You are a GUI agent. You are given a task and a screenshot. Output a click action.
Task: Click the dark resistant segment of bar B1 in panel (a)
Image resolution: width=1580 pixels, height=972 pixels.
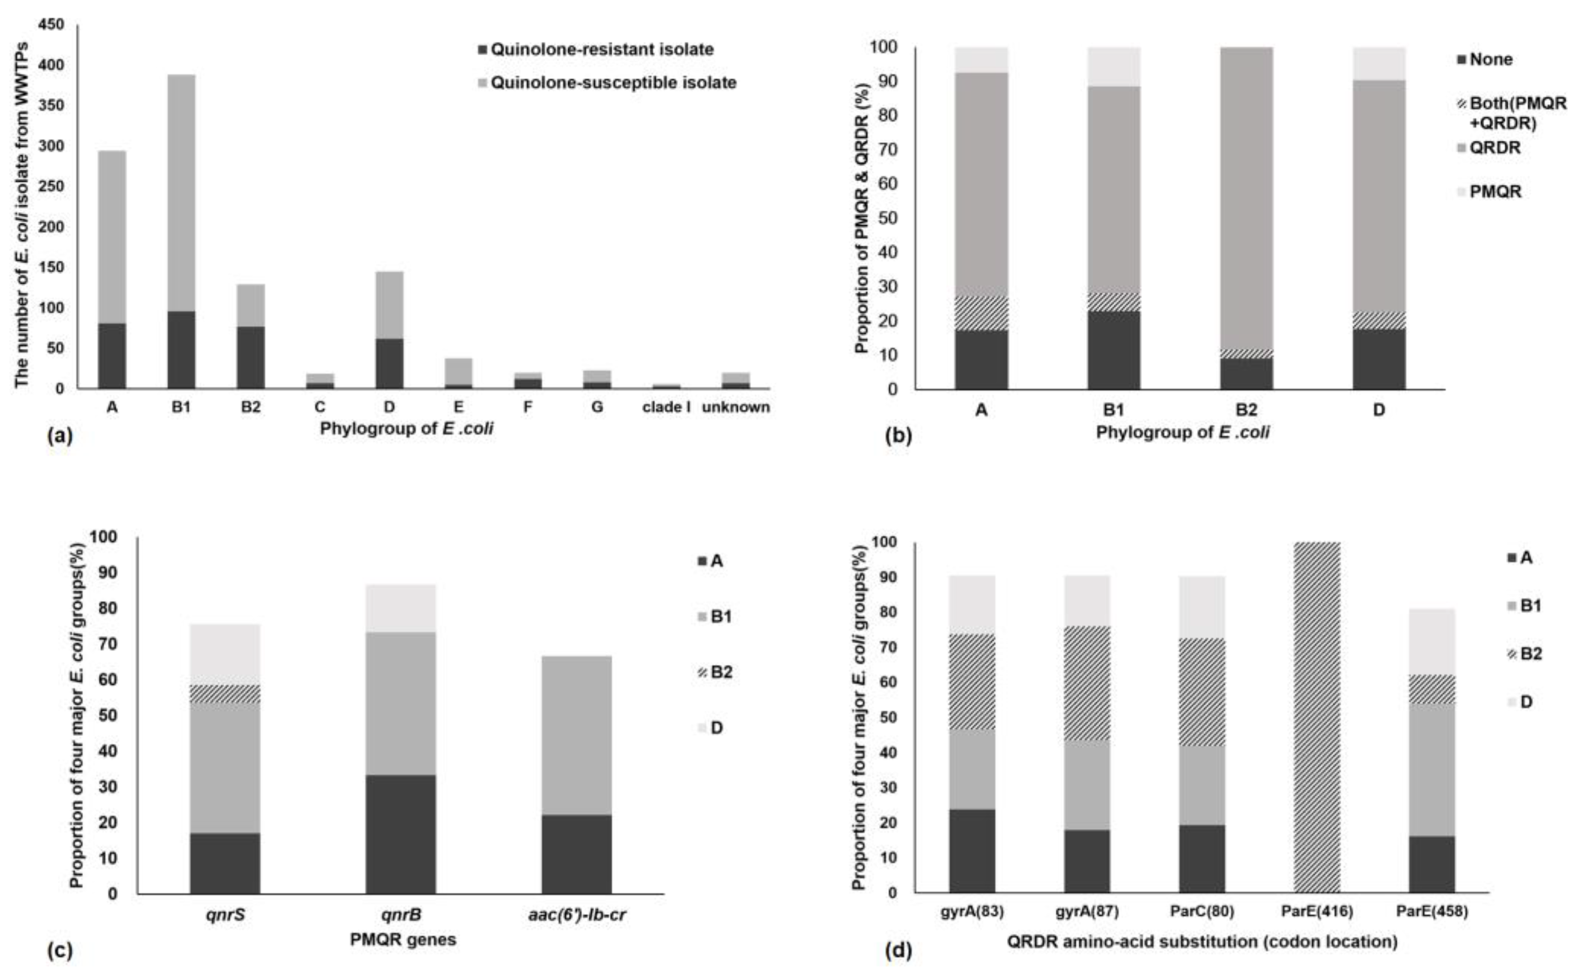pyautogui.click(x=181, y=350)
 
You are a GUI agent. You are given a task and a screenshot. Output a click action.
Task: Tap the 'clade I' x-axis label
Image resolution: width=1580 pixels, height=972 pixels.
pyautogui.click(x=666, y=407)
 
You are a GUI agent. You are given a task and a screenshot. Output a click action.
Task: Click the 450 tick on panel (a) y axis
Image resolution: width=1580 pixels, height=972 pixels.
pyautogui.click(x=52, y=24)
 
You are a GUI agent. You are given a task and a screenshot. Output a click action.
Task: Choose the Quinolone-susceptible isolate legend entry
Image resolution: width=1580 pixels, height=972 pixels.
pyautogui.click(x=612, y=83)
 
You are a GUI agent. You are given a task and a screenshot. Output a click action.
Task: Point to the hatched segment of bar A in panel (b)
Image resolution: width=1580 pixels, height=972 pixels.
pyautogui.click(x=981, y=313)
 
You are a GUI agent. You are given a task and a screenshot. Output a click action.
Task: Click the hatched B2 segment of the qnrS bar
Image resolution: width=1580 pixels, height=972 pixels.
pyautogui.click(x=225, y=694)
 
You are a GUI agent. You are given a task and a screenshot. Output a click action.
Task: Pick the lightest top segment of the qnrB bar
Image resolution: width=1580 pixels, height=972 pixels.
pyautogui.click(x=401, y=608)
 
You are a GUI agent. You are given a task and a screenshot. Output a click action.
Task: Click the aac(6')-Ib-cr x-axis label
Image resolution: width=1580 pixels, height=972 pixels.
pyautogui.click(x=577, y=915)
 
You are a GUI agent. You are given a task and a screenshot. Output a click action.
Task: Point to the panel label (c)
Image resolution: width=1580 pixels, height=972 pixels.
pyautogui.click(x=60, y=950)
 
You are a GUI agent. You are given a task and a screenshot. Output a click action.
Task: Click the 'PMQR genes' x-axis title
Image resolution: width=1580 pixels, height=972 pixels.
pyautogui.click(x=403, y=940)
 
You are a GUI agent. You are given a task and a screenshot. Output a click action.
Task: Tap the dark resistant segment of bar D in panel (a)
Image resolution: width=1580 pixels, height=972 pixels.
pyautogui.click(x=389, y=364)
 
